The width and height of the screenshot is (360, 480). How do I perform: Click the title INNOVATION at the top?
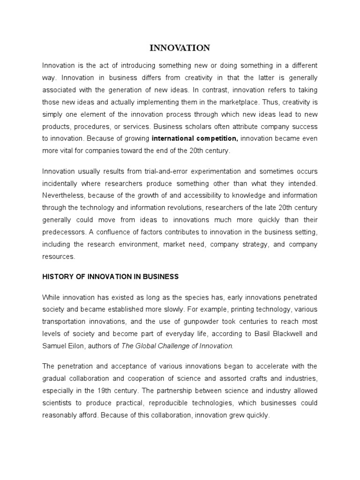coord(180,48)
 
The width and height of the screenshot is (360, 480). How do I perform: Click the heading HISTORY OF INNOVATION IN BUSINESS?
coord(110,277)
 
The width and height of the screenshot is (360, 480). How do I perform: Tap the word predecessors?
coord(64,232)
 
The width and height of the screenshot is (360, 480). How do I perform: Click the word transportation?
coord(65,322)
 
